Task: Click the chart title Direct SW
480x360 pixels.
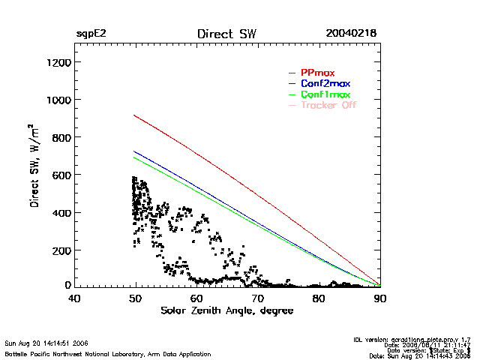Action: (x=226, y=34)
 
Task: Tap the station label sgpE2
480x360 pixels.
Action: (x=90, y=34)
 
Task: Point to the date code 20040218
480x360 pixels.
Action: (x=350, y=34)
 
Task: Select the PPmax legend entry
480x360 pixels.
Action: (x=316, y=72)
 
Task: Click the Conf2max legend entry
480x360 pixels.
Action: (x=325, y=83)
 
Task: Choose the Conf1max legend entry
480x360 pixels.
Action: (x=325, y=94)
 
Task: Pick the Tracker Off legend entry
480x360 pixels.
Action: (x=328, y=106)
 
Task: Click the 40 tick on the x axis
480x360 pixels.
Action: (x=74, y=298)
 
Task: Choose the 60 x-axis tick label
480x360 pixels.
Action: (x=196, y=298)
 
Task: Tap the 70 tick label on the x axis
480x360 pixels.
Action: (x=258, y=298)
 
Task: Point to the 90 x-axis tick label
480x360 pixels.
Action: (x=380, y=298)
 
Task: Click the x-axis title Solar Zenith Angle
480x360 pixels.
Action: (x=226, y=310)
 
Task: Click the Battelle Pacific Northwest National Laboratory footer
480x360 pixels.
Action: (x=108, y=353)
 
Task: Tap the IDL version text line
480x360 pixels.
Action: (x=412, y=340)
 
